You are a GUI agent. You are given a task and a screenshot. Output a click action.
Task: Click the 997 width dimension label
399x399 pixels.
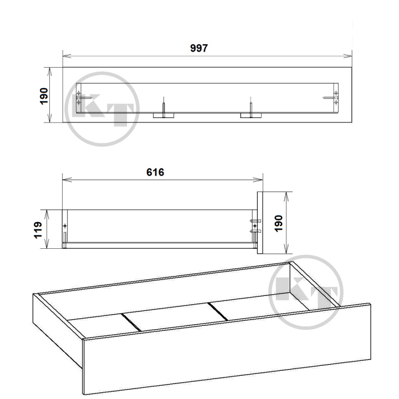(199, 48)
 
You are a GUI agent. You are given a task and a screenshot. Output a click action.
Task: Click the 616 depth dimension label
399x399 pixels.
(155, 172)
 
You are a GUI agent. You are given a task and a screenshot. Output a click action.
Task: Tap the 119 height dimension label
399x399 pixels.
(38, 230)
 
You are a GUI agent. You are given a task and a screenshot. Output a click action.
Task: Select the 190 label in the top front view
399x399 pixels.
(44, 96)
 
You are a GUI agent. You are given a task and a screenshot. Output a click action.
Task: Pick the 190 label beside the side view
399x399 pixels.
(279, 223)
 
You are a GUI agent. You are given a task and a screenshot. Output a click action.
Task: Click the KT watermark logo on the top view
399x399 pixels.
(102, 109)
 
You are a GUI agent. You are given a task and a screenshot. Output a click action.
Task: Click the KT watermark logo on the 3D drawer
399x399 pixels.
(306, 292)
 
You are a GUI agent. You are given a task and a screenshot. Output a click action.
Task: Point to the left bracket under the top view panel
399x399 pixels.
(163, 115)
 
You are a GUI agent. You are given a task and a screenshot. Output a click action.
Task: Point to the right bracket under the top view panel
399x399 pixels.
(251, 115)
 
